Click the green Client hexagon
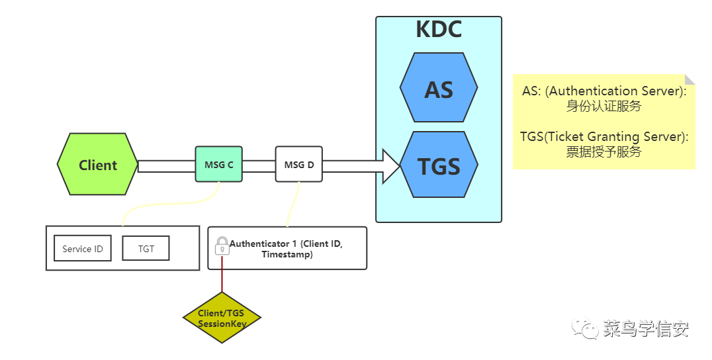[98, 164]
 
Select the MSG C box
[219, 164]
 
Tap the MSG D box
[299, 164]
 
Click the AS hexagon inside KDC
[439, 87]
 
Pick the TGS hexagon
[439, 164]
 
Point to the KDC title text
[439, 29]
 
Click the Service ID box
[83, 248]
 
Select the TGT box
[146, 248]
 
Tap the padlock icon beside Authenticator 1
[222, 246]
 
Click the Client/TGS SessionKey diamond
[222, 318]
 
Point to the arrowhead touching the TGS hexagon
[392, 166]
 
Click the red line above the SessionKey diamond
[222, 274]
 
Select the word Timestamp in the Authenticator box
[287, 254]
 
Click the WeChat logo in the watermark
[585, 328]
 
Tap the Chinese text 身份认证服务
[604, 107]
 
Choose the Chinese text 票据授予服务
[604, 152]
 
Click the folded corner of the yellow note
[690, 79]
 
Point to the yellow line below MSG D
[293, 204]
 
